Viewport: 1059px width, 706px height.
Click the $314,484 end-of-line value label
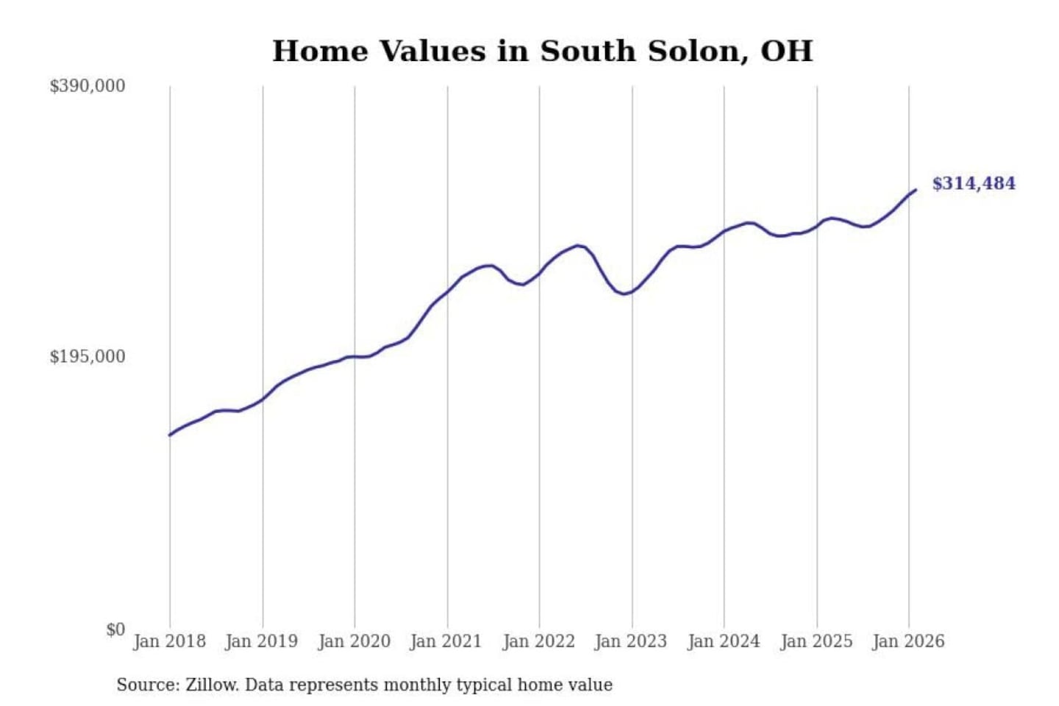pos(973,183)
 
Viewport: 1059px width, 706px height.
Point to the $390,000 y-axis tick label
pos(87,86)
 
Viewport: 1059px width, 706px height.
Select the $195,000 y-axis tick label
pos(87,357)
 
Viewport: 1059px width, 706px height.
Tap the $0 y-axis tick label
pos(115,630)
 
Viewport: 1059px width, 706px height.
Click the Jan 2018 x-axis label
pos(169,641)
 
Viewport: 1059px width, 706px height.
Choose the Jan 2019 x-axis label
pos(261,641)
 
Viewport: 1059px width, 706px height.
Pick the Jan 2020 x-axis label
pos(354,641)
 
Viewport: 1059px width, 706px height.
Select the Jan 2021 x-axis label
pos(446,641)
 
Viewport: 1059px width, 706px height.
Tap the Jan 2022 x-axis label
pos(538,641)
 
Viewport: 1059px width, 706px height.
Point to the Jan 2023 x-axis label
pos(630,641)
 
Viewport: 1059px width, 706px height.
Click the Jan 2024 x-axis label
pos(723,641)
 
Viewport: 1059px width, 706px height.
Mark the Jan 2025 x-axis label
pos(816,641)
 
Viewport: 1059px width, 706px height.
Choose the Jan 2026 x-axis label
pos(908,641)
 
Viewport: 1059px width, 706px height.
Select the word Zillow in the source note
pos(211,685)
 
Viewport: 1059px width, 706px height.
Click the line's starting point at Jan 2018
pos(170,435)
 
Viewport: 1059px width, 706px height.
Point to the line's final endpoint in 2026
pos(916,190)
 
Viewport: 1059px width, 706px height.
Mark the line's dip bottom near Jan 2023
pos(624,294)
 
